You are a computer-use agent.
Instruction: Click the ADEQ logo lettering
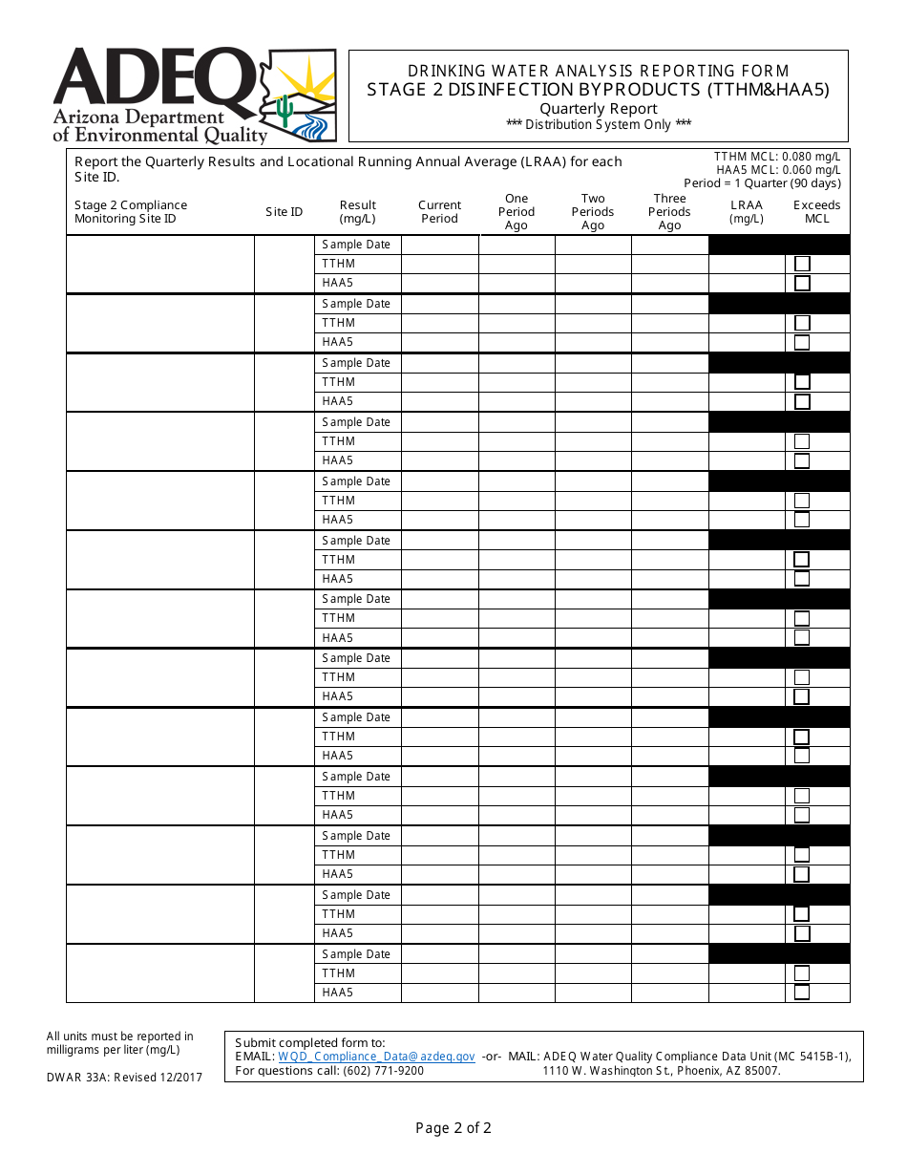[x=153, y=78]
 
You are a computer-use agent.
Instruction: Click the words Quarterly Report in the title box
[x=598, y=108]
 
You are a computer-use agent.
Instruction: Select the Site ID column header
[x=285, y=212]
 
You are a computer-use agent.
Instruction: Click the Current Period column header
[x=439, y=212]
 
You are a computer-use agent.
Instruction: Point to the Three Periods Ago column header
[x=669, y=212]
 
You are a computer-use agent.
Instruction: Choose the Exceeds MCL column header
[x=817, y=212]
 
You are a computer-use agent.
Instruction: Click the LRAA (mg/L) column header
[x=747, y=212]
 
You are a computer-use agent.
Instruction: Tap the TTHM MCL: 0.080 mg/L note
[x=777, y=157]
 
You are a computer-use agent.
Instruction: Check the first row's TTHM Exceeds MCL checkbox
[x=802, y=264]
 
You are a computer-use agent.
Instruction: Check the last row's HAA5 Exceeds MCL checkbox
[x=802, y=992]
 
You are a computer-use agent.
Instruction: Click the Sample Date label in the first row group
[x=356, y=245]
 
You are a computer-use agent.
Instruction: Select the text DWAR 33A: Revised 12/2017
[x=124, y=1078]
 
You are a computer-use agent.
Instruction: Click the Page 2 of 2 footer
[x=453, y=1128]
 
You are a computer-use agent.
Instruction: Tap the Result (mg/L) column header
[x=358, y=212]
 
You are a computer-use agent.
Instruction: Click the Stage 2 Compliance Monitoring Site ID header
[x=131, y=212]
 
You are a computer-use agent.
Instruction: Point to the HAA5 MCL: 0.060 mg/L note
[x=778, y=170]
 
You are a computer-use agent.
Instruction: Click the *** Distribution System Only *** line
[x=598, y=124]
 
